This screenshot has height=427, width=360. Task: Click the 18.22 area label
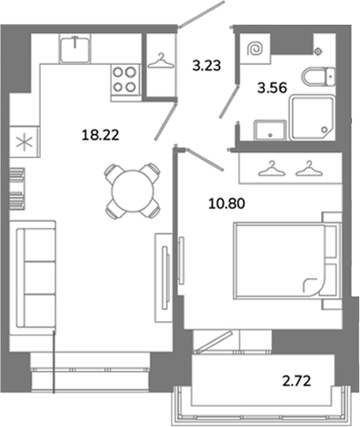100,135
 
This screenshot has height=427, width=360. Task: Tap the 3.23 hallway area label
207,66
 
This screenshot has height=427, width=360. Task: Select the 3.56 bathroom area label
272,88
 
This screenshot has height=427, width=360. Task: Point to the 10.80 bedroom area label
227,203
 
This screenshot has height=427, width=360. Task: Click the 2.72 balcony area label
296,381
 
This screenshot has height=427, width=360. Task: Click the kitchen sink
75,48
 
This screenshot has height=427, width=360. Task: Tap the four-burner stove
125,79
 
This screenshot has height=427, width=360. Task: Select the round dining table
133,191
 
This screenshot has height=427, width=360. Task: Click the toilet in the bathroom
318,76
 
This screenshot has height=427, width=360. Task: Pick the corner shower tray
313,117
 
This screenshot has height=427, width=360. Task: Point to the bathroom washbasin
270,130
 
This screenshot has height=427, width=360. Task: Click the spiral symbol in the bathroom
255,49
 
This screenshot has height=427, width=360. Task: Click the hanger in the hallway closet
160,61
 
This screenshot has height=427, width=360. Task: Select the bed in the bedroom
286,261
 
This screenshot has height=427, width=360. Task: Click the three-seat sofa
33,278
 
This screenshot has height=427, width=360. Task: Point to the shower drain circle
325,130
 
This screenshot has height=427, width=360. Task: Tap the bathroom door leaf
228,101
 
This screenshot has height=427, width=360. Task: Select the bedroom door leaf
205,159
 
